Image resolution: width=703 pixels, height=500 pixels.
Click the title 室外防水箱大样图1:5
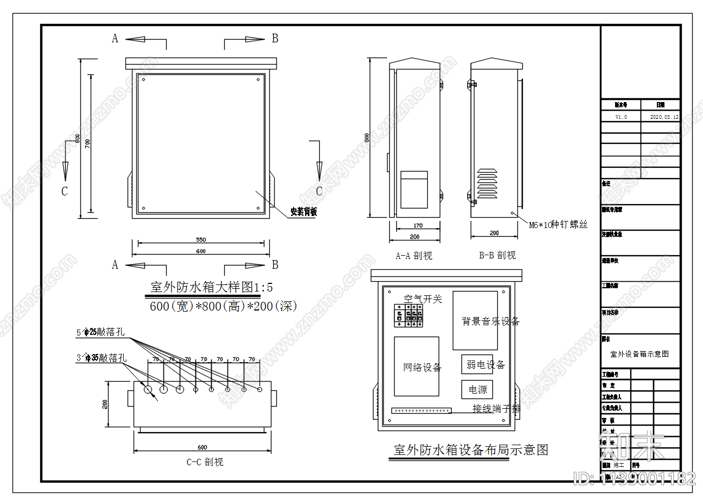click(x=211, y=287)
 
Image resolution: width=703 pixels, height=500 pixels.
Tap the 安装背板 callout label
click(x=303, y=212)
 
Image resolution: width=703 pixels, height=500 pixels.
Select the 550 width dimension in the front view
click(x=200, y=239)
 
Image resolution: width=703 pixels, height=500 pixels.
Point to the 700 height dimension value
click(x=87, y=143)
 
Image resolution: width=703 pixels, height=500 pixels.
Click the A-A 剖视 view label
click(x=414, y=256)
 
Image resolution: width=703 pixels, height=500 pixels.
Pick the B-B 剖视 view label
click(x=497, y=255)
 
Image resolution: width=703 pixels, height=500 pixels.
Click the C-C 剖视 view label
click(x=205, y=463)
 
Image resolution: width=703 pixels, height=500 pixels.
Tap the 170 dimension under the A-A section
click(x=417, y=226)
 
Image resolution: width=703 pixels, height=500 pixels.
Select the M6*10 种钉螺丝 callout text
click(x=558, y=225)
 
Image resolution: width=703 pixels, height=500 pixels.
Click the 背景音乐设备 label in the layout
click(x=490, y=321)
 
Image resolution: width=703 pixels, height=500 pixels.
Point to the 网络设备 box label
click(x=422, y=368)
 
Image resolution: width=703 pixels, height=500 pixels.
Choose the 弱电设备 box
click(x=485, y=365)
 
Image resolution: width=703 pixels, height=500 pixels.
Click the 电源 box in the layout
click(x=478, y=389)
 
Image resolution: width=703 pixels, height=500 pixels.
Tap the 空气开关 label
click(x=423, y=299)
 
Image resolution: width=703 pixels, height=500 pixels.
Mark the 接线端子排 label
click(x=496, y=408)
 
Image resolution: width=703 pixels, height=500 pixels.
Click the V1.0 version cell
click(x=620, y=117)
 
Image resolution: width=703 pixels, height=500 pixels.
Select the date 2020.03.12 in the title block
click(x=664, y=117)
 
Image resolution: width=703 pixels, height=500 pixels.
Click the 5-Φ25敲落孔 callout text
click(x=102, y=332)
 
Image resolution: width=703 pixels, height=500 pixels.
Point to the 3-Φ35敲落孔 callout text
click(x=102, y=358)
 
